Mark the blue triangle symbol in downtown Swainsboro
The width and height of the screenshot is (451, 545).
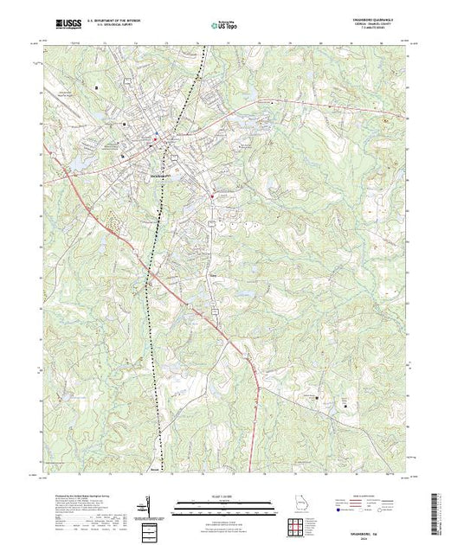tap(155, 133)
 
